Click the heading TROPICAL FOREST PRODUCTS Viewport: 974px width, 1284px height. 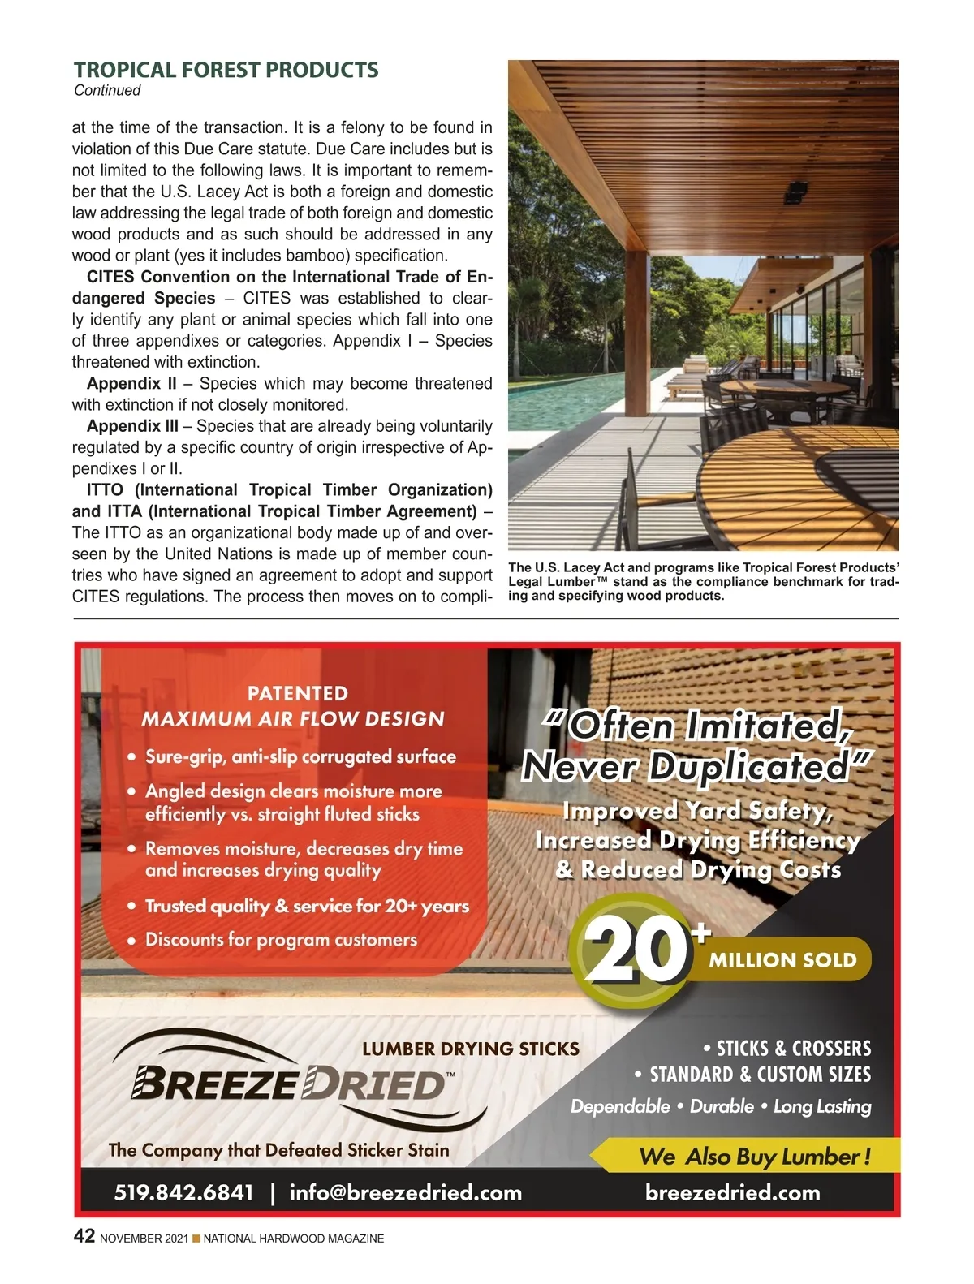pos(226,70)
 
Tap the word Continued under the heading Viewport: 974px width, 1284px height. pos(107,91)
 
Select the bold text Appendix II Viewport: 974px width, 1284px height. pos(131,384)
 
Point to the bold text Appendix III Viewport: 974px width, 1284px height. pos(132,426)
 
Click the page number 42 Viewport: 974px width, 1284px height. pos(84,1236)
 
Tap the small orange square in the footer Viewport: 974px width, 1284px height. pos(195,1239)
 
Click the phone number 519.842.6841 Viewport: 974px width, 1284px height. pos(183,1192)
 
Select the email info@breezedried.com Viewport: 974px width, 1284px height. pos(405,1192)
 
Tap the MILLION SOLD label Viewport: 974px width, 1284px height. pos(782,960)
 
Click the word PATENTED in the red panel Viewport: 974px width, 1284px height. pos(297,693)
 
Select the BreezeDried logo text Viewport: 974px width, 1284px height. pos(288,1084)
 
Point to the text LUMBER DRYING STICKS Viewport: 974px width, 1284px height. pos(471,1049)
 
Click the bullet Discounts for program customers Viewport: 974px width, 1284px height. pos(281,940)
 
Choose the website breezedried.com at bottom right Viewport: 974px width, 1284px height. pos(732,1192)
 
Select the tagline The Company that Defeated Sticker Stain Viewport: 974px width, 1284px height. pos(278,1150)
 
